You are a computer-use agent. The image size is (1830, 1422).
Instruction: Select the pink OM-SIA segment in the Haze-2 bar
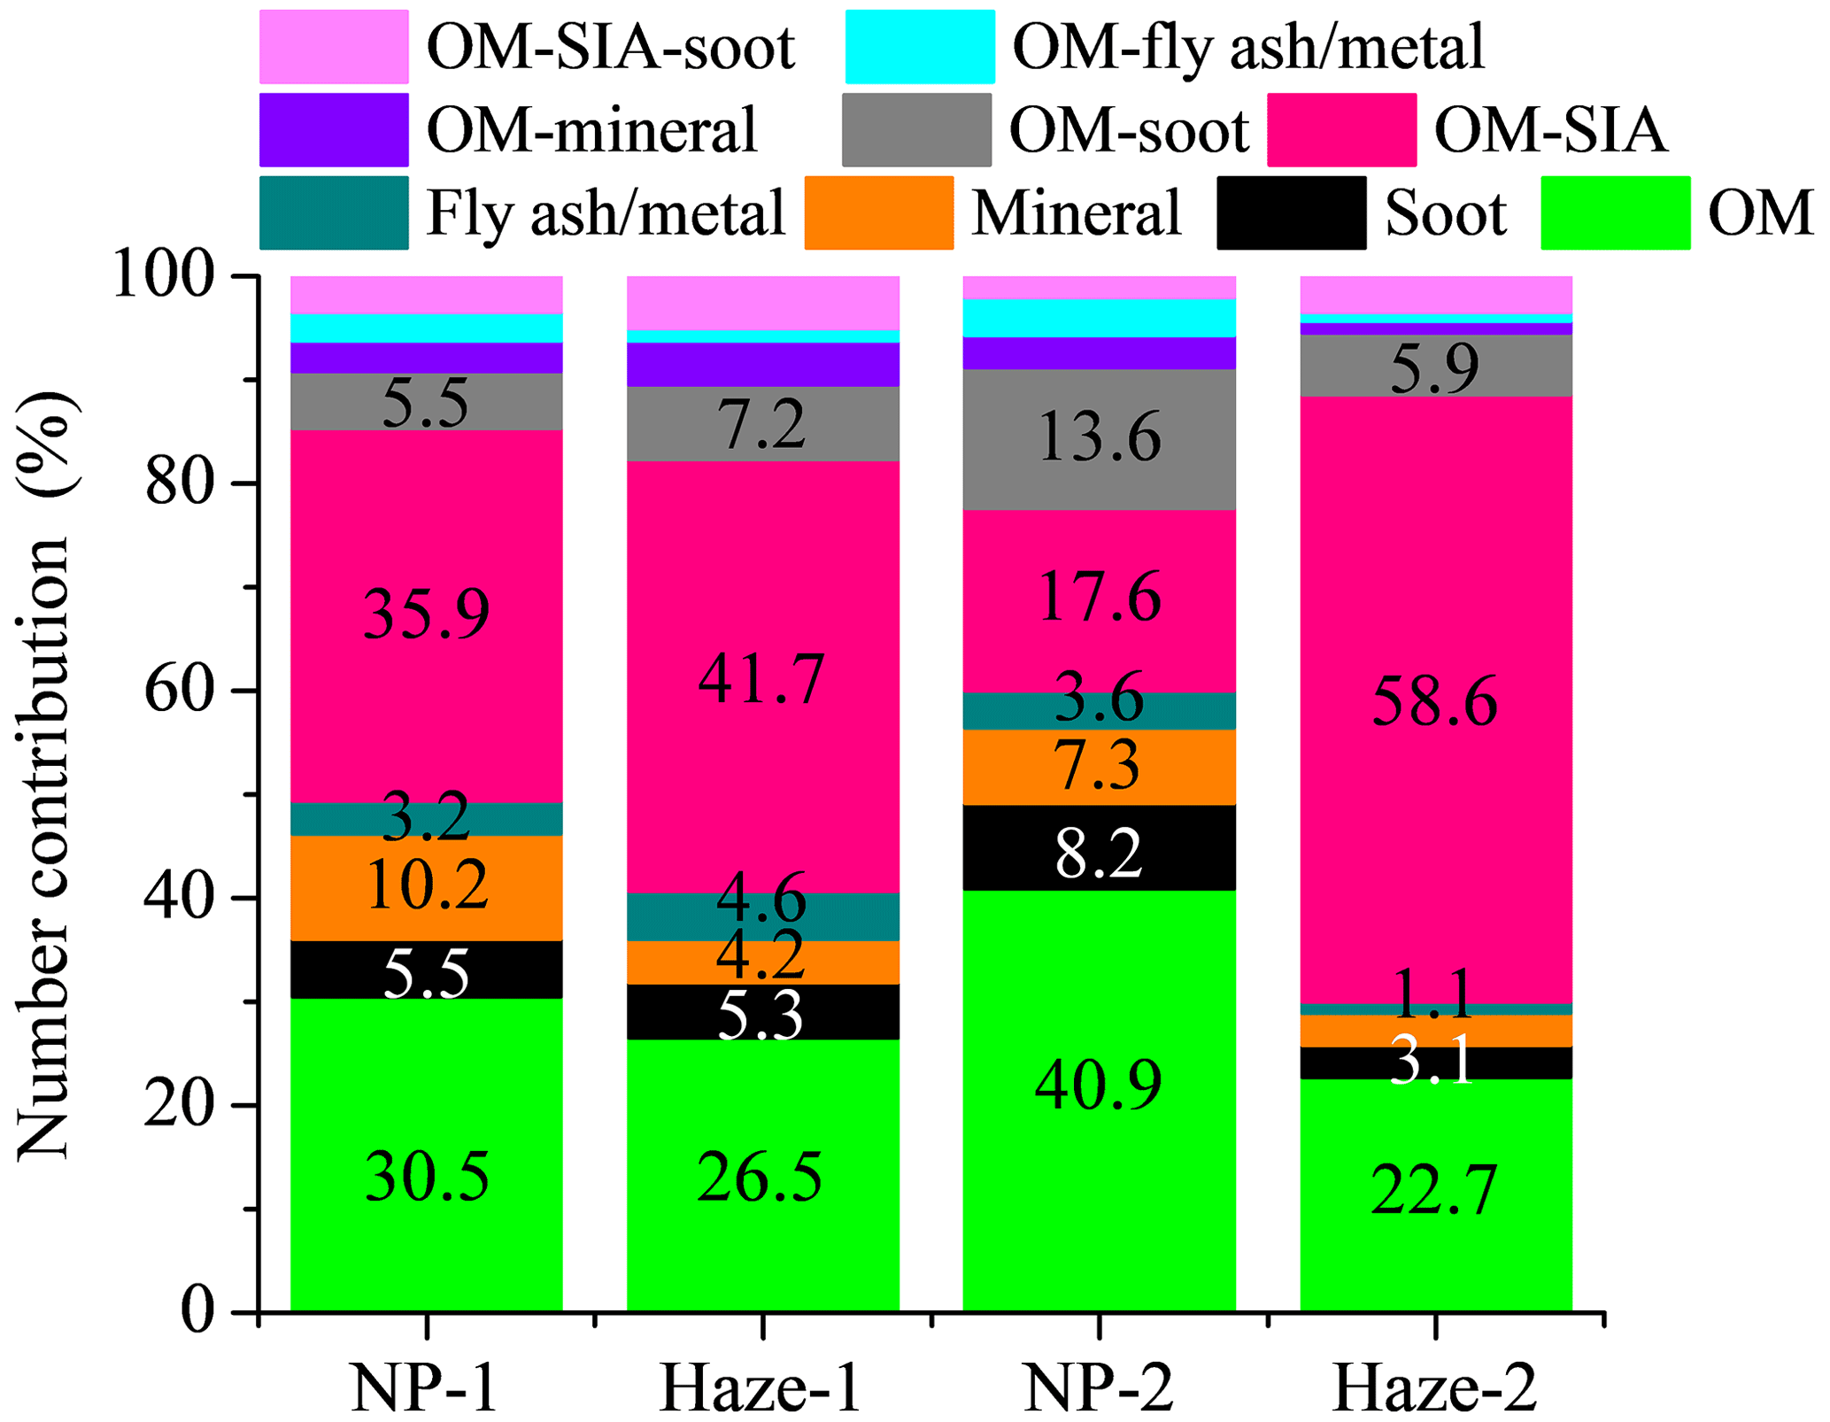point(1435,620)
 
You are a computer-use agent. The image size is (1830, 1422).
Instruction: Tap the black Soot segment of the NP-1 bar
point(427,970)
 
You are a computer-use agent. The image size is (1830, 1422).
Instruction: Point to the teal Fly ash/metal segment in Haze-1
point(763,917)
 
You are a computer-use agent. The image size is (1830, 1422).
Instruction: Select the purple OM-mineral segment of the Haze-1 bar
point(763,364)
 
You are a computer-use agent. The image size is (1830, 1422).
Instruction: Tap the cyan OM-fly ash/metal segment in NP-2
point(1099,318)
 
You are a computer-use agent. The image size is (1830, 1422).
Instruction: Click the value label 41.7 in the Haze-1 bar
point(761,680)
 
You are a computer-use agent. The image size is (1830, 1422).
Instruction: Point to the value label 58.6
point(1434,702)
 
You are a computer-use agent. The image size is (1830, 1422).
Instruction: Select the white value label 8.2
point(1099,854)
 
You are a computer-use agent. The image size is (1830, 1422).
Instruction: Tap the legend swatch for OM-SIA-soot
point(334,47)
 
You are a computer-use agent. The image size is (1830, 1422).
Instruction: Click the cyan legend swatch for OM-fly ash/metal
point(920,47)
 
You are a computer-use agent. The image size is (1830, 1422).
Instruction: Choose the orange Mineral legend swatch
point(878,213)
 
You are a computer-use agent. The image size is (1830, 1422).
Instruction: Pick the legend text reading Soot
point(1445,213)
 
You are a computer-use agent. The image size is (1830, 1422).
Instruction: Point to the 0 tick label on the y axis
point(197,1311)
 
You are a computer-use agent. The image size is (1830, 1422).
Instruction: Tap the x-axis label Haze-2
point(1434,1388)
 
